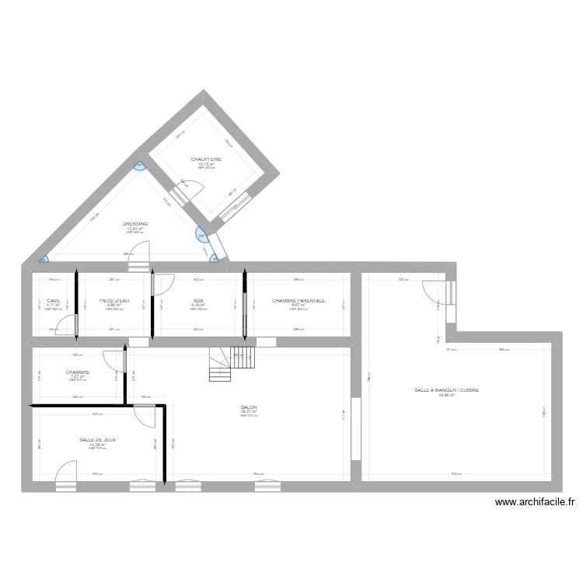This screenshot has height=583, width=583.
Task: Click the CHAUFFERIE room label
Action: (207, 159)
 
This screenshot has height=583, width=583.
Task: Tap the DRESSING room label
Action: (135, 224)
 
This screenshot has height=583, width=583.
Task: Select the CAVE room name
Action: (53, 301)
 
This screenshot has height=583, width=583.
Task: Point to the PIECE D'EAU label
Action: (114, 301)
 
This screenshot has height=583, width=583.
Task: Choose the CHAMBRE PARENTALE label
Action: (298, 301)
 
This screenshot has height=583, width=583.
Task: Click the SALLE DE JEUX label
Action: (97, 440)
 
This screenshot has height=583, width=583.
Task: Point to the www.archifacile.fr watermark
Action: (535, 503)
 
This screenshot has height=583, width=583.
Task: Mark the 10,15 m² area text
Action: (207, 165)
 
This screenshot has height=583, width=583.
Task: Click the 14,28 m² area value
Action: (97, 445)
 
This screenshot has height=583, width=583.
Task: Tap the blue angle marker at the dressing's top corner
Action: (140, 165)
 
